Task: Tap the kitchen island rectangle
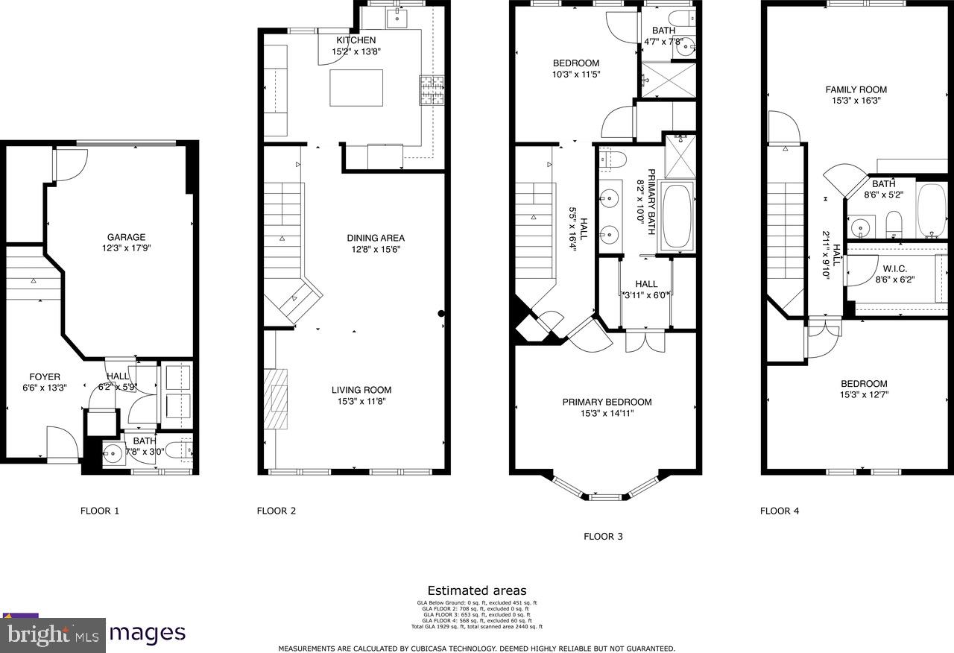pyautogui.click(x=356, y=88)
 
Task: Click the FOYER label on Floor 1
pyautogui.click(x=45, y=376)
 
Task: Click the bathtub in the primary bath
pyautogui.click(x=677, y=216)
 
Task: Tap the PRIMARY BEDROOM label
pyautogui.click(x=607, y=402)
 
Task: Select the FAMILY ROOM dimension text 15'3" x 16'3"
pyautogui.click(x=856, y=101)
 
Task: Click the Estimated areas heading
pyautogui.click(x=476, y=590)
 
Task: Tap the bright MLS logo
pyautogui.click(x=52, y=635)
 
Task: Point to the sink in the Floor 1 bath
pyautogui.click(x=114, y=452)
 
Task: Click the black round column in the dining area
pyautogui.click(x=442, y=315)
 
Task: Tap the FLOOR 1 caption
pyautogui.click(x=99, y=511)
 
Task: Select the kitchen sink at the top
pyautogui.click(x=396, y=15)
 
